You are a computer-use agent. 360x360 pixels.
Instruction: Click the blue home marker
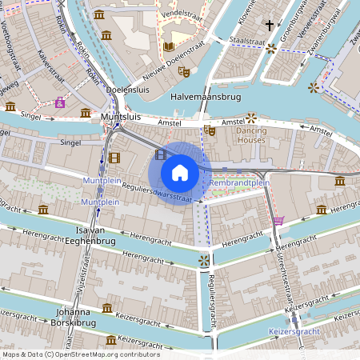click(x=180, y=172)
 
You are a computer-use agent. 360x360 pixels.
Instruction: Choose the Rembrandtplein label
click(x=239, y=183)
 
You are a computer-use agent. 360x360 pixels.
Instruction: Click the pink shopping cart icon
click(x=278, y=220)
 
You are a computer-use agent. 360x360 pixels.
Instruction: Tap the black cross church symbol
click(x=270, y=26)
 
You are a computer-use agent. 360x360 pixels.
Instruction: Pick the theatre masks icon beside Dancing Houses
click(x=210, y=130)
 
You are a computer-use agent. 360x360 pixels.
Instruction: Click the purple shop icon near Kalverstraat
click(x=60, y=103)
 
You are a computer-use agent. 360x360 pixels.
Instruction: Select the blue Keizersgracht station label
click(x=294, y=330)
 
